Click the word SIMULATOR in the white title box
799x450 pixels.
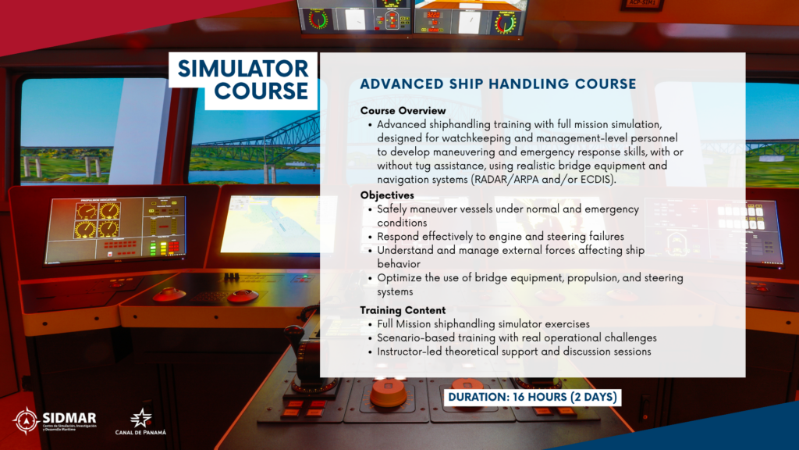243,69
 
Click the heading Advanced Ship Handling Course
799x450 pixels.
498,84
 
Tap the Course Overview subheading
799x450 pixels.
403,111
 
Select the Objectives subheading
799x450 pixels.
387,195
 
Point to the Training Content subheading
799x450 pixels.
403,310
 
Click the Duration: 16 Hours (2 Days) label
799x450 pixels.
532,397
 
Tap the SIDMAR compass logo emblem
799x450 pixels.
26,421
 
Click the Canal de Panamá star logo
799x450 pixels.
140,419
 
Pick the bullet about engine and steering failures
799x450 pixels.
500,237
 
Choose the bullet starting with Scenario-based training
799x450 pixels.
517,337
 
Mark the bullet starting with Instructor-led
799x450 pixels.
513,352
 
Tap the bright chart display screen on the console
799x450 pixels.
277,224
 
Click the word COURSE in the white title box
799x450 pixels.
261,91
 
